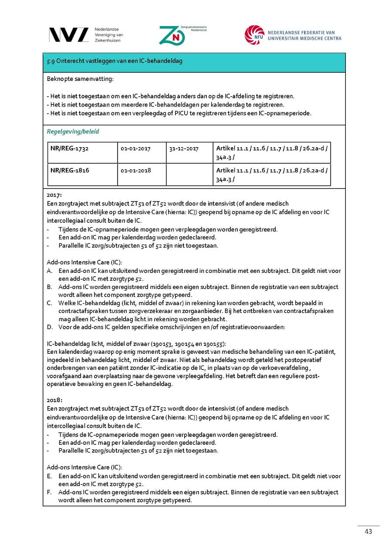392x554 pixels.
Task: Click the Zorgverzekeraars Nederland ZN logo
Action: [x=172, y=35]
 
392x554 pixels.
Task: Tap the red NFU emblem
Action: [x=254, y=35]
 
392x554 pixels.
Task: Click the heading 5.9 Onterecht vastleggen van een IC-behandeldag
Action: [x=115, y=61]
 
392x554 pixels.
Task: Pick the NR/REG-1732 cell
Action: [x=69, y=149]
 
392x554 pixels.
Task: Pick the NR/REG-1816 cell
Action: [x=69, y=170]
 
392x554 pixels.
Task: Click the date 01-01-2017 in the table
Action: [x=135, y=149]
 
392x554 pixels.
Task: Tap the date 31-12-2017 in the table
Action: [x=184, y=149]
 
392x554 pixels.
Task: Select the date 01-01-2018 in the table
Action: [x=135, y=170]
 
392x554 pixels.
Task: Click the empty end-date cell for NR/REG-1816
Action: [x=189, y=174]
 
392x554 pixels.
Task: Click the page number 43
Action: [x=368, y=532]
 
